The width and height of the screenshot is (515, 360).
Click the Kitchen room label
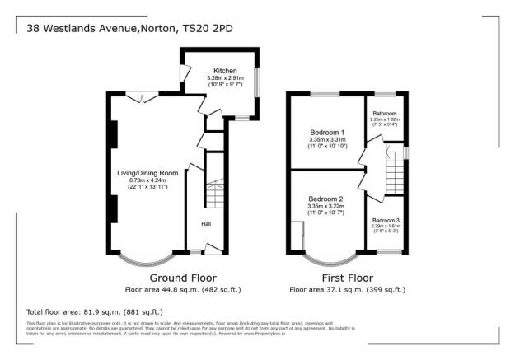coord(224,71)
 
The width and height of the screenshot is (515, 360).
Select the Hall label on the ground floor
coord(206,223)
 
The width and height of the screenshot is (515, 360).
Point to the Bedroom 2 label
coord(325,199)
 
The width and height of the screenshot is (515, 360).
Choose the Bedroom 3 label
coord(386,221)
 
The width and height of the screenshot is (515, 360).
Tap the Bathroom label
coord(385,113)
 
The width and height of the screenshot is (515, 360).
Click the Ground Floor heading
coord(182,278)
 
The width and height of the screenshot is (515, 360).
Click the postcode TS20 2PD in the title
coord(213,26)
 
